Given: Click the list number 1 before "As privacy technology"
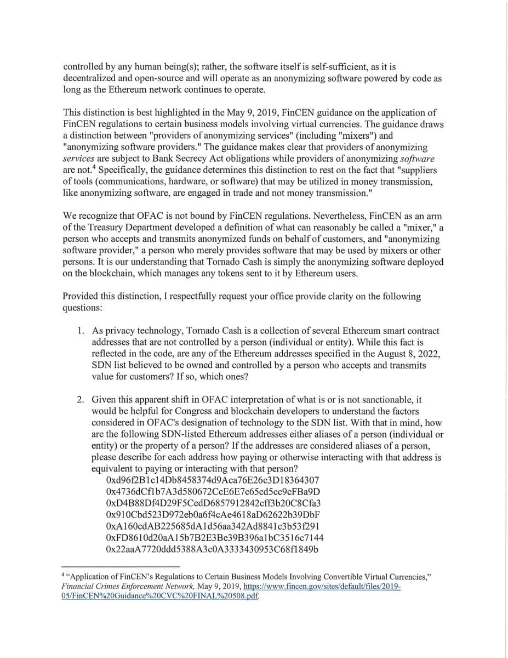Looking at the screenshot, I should (80, 332).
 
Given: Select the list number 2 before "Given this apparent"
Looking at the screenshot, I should (80, 400).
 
